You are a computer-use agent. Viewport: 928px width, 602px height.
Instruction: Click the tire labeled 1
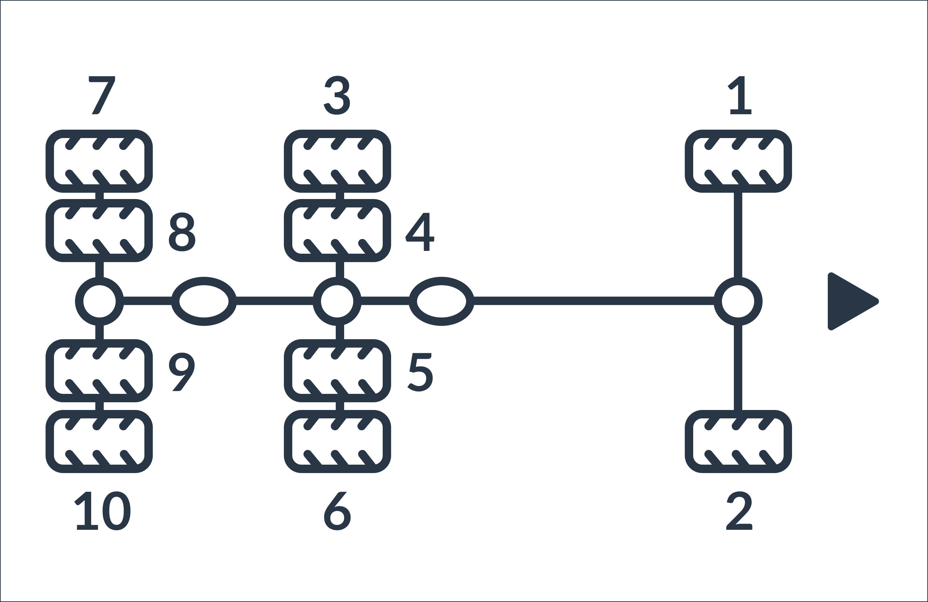click(738, 161)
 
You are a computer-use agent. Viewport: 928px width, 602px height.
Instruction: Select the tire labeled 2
click(738, 442)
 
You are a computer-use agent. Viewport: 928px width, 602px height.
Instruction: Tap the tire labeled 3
click(337, 161)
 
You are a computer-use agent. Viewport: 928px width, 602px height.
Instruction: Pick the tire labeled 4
click(337, 231)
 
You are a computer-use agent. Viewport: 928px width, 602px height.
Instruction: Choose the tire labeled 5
click(337, 371)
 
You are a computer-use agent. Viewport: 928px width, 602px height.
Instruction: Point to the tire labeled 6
click(337, 442)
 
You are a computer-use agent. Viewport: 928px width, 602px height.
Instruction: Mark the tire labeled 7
click(99, 161)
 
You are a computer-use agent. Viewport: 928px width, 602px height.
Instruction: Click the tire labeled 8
click(99, 231)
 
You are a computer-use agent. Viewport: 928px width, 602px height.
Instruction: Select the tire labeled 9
click(99, 371)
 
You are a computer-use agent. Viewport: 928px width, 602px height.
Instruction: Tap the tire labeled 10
click(99, 442)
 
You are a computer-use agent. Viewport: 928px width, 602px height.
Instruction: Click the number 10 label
click(102, 511)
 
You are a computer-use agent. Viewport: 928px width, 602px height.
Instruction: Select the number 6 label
click(337, 511)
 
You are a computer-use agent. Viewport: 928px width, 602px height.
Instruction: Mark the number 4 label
click(420, 232)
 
